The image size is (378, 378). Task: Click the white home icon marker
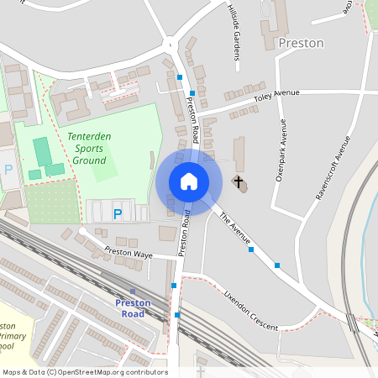point(188,181)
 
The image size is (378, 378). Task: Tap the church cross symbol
point(239,181)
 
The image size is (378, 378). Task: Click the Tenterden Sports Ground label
point(87,149)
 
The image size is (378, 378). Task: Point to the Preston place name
point(301,43)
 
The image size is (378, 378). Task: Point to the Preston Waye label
point(129,252)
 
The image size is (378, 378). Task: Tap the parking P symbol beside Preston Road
point(118,214)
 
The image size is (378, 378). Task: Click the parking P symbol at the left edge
point(8,169)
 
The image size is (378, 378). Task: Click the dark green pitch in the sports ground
point(42,151)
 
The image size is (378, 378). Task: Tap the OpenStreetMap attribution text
point(85,372)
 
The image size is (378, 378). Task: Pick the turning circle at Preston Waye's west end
point(82,230)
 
